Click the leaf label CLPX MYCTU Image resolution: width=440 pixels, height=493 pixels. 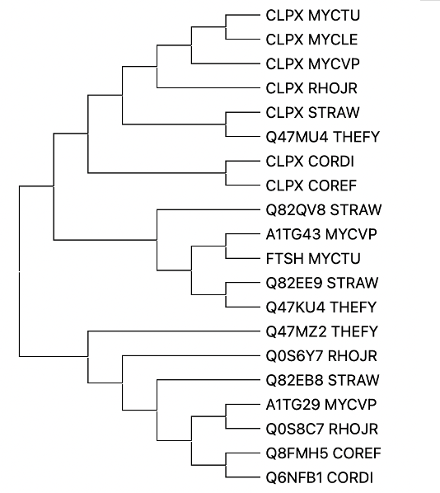(313, 16)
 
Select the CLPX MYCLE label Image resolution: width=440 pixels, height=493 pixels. (311, 40)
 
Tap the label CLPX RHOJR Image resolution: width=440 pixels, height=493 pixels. (311, 88)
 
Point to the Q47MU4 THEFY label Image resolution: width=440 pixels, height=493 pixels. (323, 137)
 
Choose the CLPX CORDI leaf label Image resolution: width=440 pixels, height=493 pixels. (310, 162)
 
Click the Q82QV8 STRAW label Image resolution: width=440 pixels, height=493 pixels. (324, 209)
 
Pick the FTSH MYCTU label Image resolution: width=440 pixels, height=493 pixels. (313, 258)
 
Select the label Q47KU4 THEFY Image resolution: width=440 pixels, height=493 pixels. (321, 308)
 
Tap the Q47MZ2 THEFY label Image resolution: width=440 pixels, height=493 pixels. (322, 331)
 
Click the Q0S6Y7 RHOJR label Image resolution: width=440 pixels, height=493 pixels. (321, 356)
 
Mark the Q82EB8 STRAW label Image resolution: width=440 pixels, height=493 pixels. (322, 380)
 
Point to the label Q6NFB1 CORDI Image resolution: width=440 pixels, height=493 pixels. (320, 477)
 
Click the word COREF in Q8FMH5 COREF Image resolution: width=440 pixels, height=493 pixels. (357, 453)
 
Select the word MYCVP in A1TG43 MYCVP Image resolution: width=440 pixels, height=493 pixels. (351, 234)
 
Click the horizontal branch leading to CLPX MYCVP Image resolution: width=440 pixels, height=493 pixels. (226, 63)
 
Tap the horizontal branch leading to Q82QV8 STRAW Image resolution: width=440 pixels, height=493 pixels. (208, 209)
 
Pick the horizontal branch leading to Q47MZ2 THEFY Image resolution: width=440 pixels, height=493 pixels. (174, 331)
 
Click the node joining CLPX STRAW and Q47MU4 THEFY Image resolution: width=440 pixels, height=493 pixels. (226, 124)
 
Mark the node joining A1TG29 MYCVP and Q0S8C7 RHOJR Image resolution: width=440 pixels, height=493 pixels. (226, 416)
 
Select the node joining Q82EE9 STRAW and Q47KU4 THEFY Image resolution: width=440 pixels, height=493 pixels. (226, 294)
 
